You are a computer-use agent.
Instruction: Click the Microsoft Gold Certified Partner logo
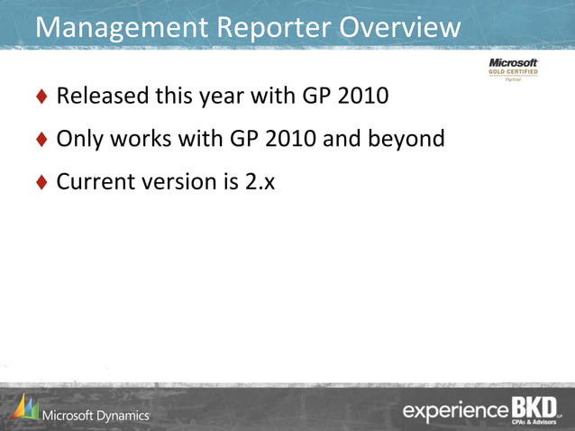(x=513, y=69)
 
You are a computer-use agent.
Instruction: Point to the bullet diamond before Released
(x=41, y=96)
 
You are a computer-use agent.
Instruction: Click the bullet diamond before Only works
(x=41, y=140)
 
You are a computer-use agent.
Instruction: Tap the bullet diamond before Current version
(x=41, y=183)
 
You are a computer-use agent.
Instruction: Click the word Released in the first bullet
(x=100, y=95)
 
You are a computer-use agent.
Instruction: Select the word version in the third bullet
(x=180, y=182)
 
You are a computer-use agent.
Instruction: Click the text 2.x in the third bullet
(x=261, y=182)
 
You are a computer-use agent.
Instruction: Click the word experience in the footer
(x=455, y=411)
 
